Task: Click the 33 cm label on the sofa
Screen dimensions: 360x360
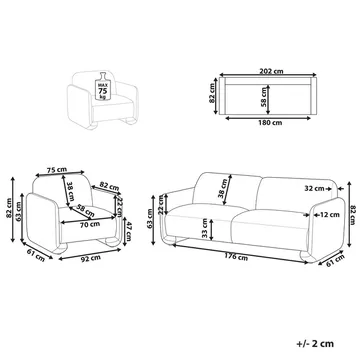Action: click(207, 234)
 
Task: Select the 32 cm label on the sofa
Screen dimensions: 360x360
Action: click(315, 188)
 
